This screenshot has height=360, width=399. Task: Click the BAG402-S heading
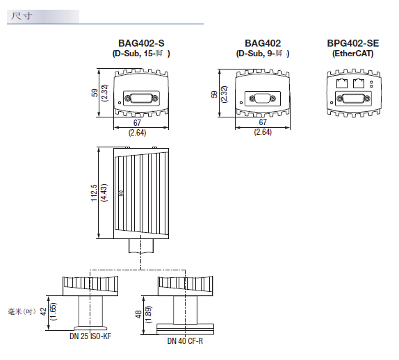tap(141, 43)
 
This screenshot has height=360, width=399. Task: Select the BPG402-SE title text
tap(353, 43)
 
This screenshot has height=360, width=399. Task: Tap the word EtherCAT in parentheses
tap(353, 54)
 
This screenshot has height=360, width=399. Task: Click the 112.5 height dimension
tap(94, 193)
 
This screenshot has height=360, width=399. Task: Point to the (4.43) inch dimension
tap(104, 193)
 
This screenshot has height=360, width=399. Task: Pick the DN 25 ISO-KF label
tap(90, 336)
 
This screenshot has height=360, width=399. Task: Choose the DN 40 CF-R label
tap(185, 341)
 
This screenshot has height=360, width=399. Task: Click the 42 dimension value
tap(44, 311)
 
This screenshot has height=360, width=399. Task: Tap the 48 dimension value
tap(139, 314)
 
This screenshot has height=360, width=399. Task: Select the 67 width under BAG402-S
tap(137, 123)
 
